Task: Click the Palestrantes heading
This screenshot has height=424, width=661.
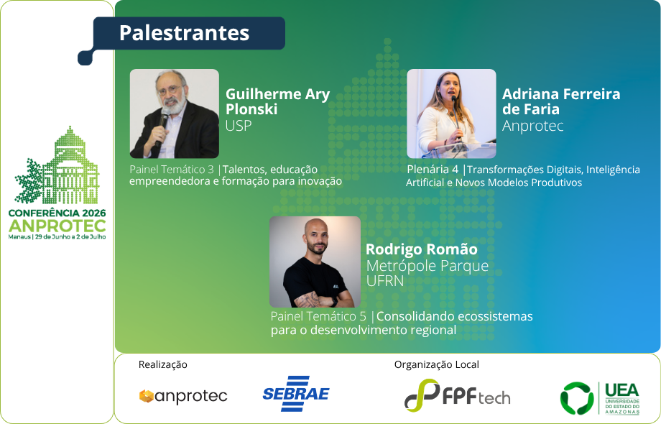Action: click(184, 33)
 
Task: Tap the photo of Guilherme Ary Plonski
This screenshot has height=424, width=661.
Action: click(175, 114)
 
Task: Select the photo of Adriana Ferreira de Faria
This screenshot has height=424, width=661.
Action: click(451, 114)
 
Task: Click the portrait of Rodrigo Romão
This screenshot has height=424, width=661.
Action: click(315, 262)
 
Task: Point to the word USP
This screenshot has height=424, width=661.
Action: click(239, 126)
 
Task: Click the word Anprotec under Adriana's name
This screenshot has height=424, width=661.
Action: click(533, 126)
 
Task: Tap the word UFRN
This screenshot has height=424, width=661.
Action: click(385, 281)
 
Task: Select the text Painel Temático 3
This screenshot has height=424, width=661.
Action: click(172, 170)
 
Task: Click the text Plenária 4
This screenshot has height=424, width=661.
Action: click(433, 170)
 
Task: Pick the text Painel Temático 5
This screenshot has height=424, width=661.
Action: click(318, 316)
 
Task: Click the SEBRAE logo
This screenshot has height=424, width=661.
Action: click(296, 394)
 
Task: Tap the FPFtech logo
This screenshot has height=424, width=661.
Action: click(458, 395)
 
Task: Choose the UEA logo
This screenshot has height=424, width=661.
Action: click(600, 398)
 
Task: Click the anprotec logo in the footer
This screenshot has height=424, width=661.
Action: click(183, 396)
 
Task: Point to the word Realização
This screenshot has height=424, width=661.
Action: click(162, 364)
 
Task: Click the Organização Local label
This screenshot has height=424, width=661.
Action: click(437, 364)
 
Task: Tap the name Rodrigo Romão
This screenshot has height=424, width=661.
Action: click(422, 249)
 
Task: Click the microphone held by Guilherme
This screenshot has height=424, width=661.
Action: click(162, 126)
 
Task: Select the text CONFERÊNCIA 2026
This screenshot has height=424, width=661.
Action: click(57, 213)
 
